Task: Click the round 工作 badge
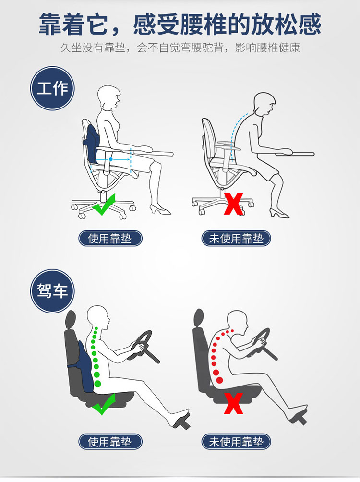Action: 52,88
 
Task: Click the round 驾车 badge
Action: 52,291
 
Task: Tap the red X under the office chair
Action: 233,204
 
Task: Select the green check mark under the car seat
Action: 104,404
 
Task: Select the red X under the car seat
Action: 234,403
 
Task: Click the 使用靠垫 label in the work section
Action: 110,239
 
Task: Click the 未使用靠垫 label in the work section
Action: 236,239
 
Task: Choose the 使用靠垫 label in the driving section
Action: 110,442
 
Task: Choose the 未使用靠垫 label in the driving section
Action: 236,442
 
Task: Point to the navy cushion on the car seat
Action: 85,366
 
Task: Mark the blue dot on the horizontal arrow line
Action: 111,159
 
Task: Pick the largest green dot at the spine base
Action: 98,384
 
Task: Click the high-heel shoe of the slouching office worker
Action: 279,213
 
